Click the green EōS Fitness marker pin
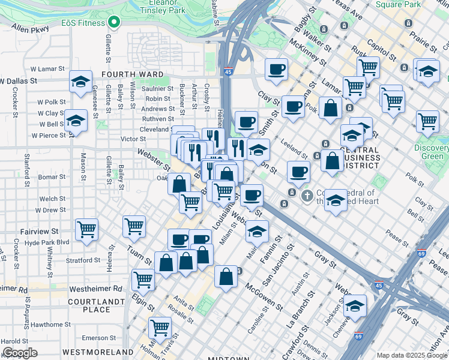pos(112,23)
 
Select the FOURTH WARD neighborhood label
pos(133,74)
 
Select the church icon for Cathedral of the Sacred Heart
pos(307,196)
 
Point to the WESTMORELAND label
pos(98,351)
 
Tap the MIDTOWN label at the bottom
pos(224,358)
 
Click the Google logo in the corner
pos(19,353)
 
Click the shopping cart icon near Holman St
pos(160,327)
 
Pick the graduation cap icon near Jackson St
pos(355,305)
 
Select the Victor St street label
pos(133,139)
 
